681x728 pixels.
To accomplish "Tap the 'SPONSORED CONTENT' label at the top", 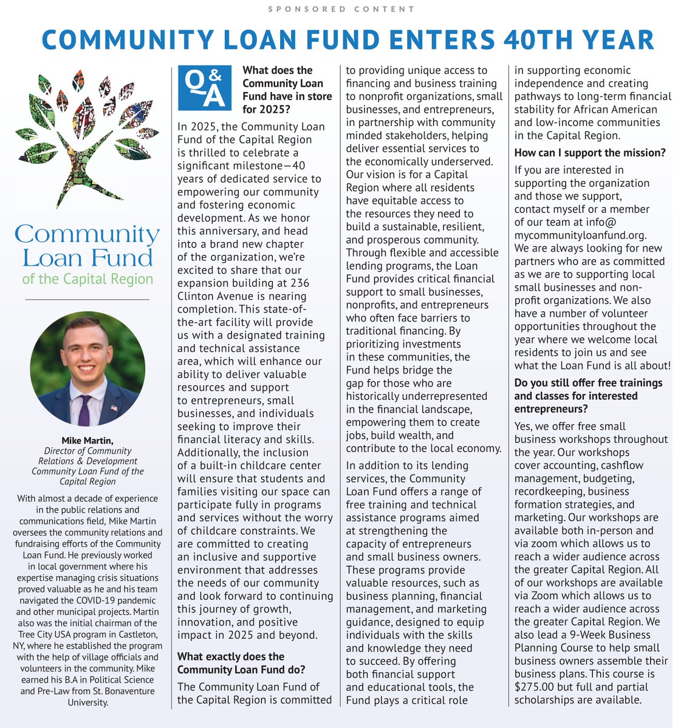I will (341, 9).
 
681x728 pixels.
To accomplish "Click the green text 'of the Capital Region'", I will (87, 279).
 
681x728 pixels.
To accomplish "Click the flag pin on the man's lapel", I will (114, 408).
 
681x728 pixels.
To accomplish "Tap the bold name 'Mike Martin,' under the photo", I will (87, 440).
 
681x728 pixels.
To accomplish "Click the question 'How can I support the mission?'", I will (590, 153).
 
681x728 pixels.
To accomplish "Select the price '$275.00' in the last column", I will (535, 687).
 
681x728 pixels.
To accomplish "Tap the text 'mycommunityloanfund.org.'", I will (580, 235).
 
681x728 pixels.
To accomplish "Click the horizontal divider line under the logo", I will (87, 299).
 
